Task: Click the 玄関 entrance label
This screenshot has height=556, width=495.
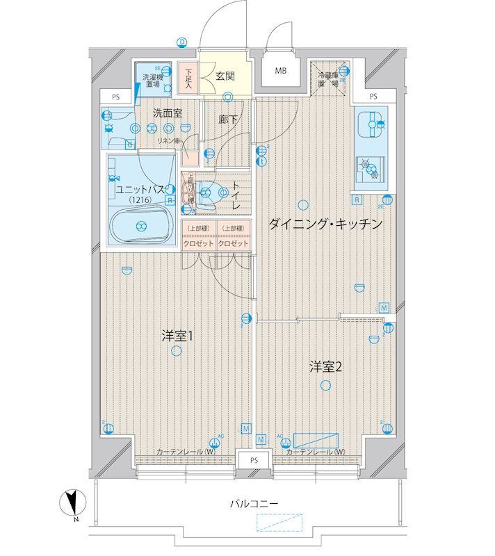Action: (224, 76)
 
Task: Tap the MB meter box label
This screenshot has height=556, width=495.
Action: (280, 71)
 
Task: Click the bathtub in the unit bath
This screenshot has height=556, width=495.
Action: (141, 224)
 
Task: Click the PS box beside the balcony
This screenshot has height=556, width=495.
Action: (254, 459)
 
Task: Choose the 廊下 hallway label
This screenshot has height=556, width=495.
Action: (227, 120)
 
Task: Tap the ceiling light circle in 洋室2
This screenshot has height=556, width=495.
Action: (325, 386)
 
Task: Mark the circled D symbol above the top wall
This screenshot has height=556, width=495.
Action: (181, 42)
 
